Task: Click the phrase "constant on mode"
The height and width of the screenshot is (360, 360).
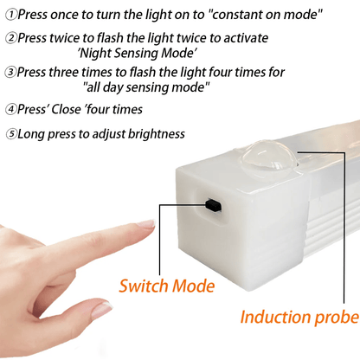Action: [262, 15]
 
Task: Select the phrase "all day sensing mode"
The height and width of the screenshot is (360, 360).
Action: [147, 88]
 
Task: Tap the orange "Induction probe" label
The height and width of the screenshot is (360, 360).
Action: [299, 317]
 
